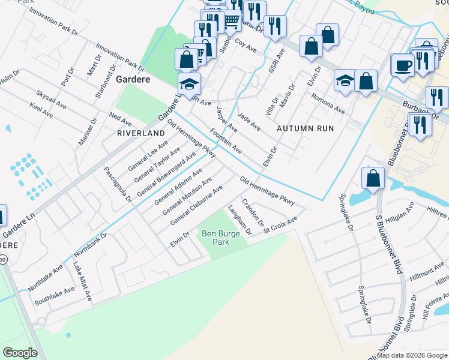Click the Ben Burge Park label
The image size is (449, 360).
click(x=216, y=238)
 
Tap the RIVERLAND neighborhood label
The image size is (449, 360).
click(x=140, y=133)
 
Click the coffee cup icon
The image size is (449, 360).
click(x=402, y=65)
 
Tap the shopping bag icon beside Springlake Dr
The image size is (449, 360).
click(x=373, y=178)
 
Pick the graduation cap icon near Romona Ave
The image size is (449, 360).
click(x=345, y=81)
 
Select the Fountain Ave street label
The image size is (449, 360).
click(x=226, y=140)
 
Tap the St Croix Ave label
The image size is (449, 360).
click(x=280, y=226)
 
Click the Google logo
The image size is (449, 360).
click(x=20, y=352)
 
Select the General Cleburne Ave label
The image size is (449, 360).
click(x=196, y=205)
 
